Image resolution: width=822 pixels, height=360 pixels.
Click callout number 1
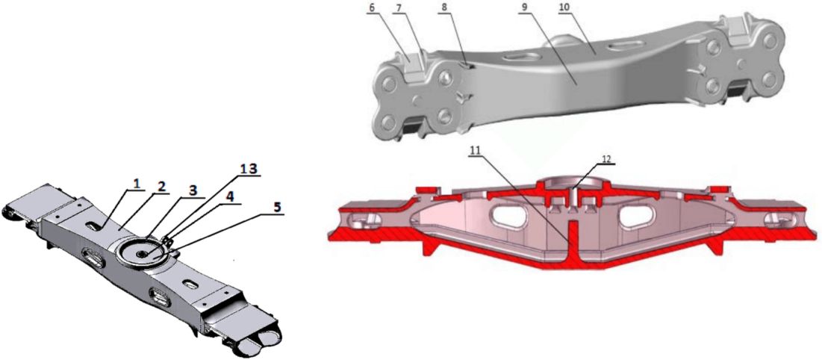point(137,184)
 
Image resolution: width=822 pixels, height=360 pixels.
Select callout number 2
point(161,186)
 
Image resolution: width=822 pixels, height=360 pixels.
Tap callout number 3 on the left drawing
point(193,191)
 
